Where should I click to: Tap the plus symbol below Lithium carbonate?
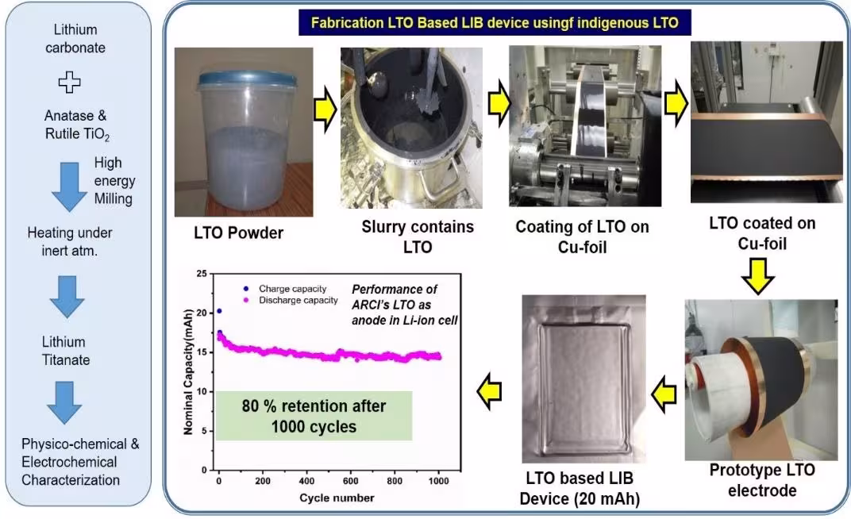click(69, 81)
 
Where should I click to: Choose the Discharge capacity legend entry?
click(292, 300)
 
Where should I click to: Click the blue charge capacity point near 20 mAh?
click(219, 311)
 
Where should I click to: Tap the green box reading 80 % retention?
click(314, 415)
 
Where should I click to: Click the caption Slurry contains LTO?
click(418, 236)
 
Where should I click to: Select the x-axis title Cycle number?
click(337, 498)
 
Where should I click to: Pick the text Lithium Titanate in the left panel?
click(66, 351)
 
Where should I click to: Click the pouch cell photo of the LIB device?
click(583, 379)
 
